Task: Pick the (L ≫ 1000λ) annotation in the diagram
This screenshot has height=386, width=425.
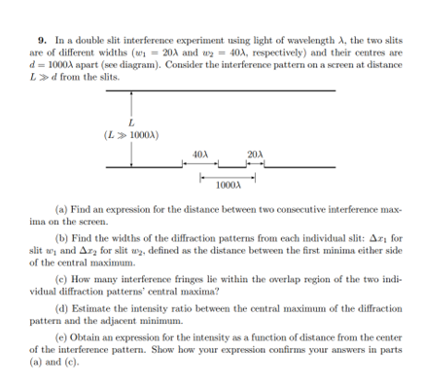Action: [x=132, y=134]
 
